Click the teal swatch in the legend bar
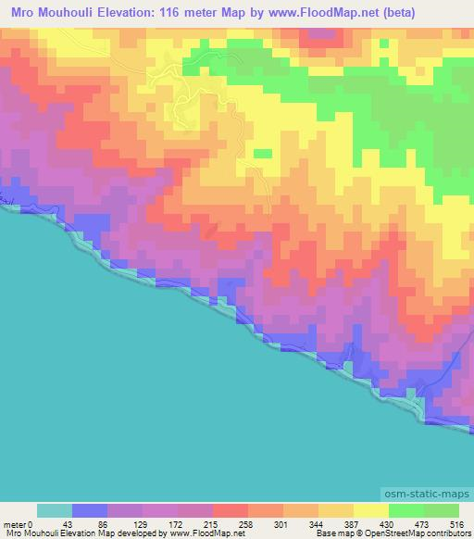(x=54, y=509)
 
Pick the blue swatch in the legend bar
(x=89, y=509)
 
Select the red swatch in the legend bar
(x=230, y=509)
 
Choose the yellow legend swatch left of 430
(x=370, y=509)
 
